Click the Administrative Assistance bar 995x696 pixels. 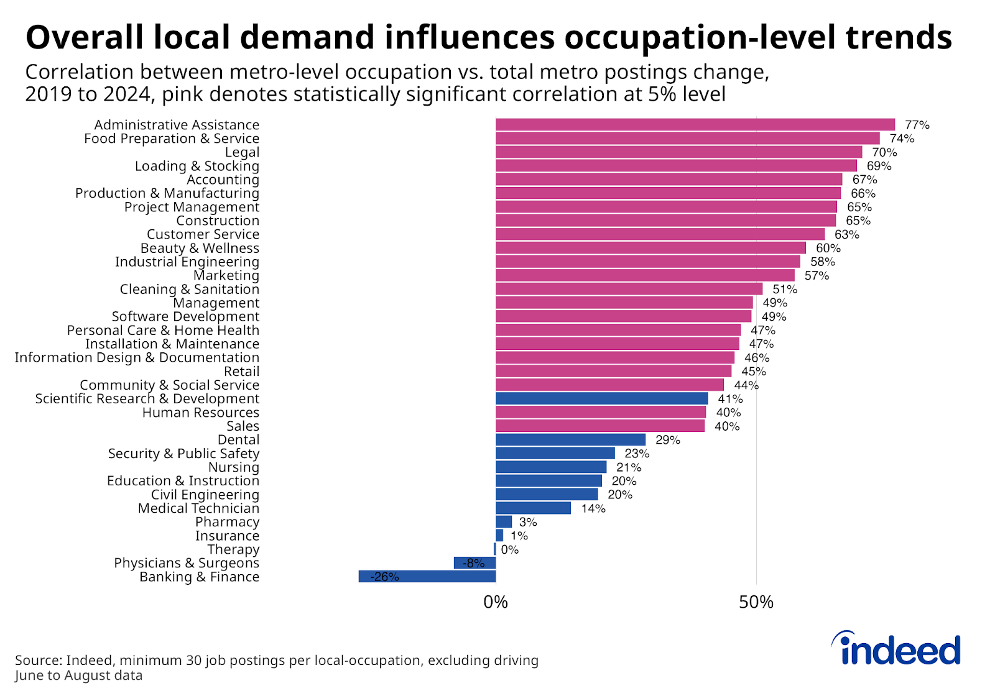coord(695,125)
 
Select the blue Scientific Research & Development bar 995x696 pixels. coord(601,398)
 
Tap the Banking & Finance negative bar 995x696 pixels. coord(427,577)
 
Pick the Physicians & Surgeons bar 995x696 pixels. coord(474,563)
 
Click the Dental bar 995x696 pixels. coord(570,440)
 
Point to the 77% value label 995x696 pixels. coord(917,125)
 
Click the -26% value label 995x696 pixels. coord(384,577)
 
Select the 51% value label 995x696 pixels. coord(785,289)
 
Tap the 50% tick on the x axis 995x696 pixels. coord(756,602)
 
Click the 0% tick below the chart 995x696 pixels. coord(496,602)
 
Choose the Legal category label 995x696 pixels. coord(242,152)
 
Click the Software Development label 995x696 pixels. coord(185,316)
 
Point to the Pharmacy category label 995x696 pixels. coord(227,522)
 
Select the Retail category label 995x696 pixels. coord(241,371)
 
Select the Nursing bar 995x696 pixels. coord(551,467)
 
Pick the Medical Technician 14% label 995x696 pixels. coord(593,508)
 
